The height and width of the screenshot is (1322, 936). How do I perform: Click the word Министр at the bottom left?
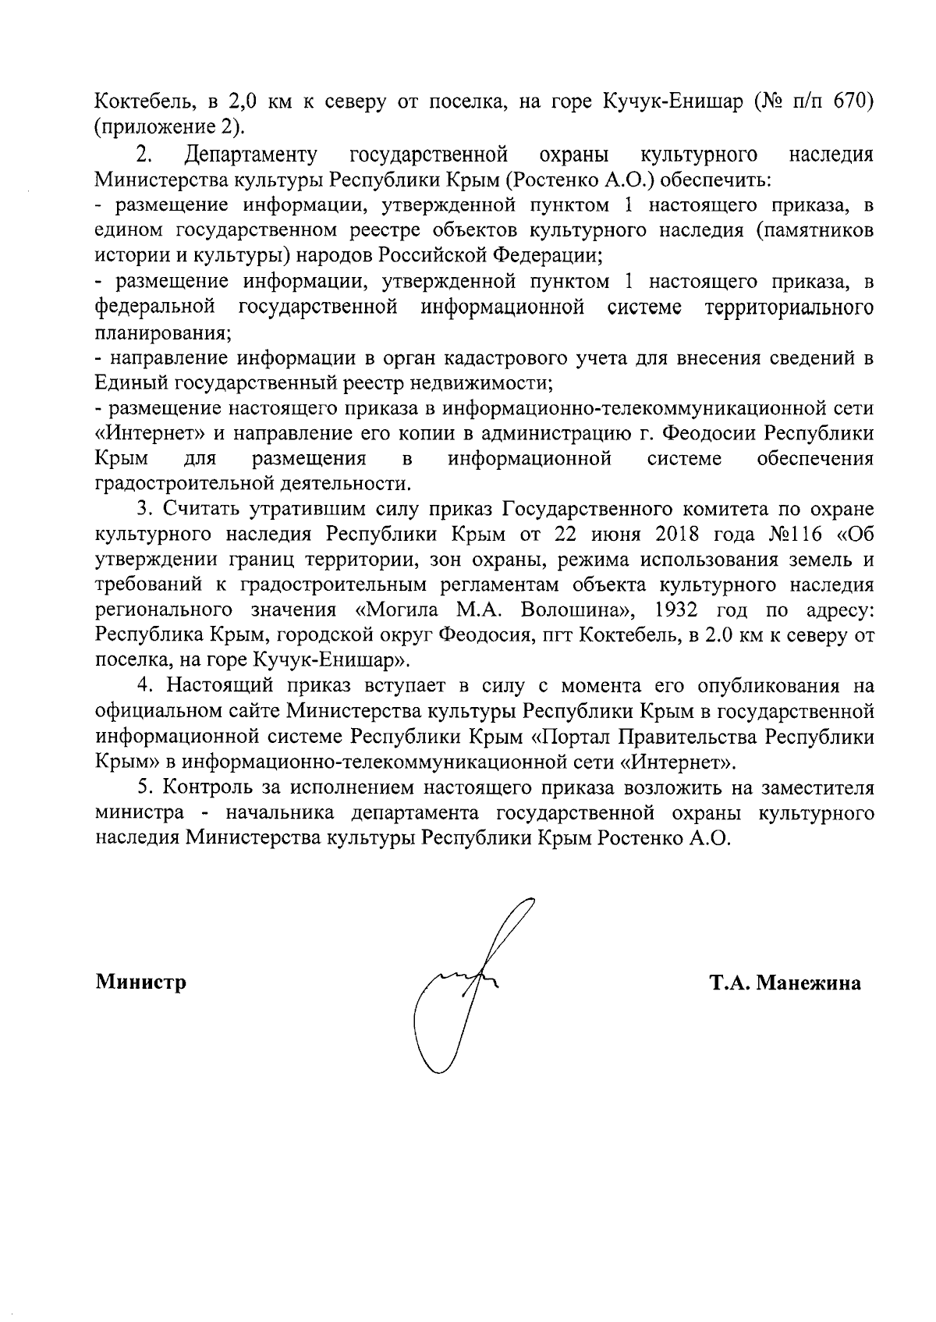[141, 983]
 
